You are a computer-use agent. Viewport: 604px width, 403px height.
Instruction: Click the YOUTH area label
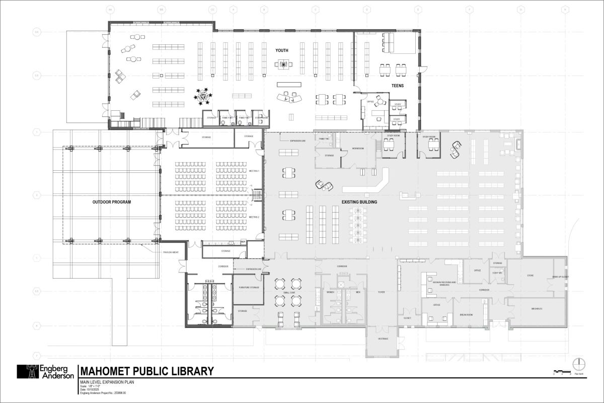coord(282,51)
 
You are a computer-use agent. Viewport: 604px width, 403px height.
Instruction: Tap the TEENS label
coord(398,86)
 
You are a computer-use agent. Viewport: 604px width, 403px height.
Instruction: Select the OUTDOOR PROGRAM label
coord(112,202)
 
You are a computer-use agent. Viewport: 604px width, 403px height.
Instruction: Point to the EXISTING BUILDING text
coord(359,202)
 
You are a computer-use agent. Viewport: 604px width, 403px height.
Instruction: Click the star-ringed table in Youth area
coord(203,95)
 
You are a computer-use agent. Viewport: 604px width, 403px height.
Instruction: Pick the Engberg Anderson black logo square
coord(28,372)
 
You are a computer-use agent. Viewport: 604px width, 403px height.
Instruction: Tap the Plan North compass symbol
coord(579,363)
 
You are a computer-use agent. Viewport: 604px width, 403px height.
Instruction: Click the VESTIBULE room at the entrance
coord(383,339)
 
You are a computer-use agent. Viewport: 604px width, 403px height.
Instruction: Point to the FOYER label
coord(381,292)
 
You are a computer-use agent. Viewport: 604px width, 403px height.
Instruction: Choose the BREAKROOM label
coord(466,314)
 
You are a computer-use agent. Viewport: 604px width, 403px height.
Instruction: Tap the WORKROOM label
coord(358,149)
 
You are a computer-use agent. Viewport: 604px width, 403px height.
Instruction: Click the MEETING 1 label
coord(254,171)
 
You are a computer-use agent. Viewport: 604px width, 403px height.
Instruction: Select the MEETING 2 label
coord(254,217)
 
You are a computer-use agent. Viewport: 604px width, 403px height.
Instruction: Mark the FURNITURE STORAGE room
coord(248,288)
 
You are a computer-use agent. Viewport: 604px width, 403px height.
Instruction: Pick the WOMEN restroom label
coord(331,292)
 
